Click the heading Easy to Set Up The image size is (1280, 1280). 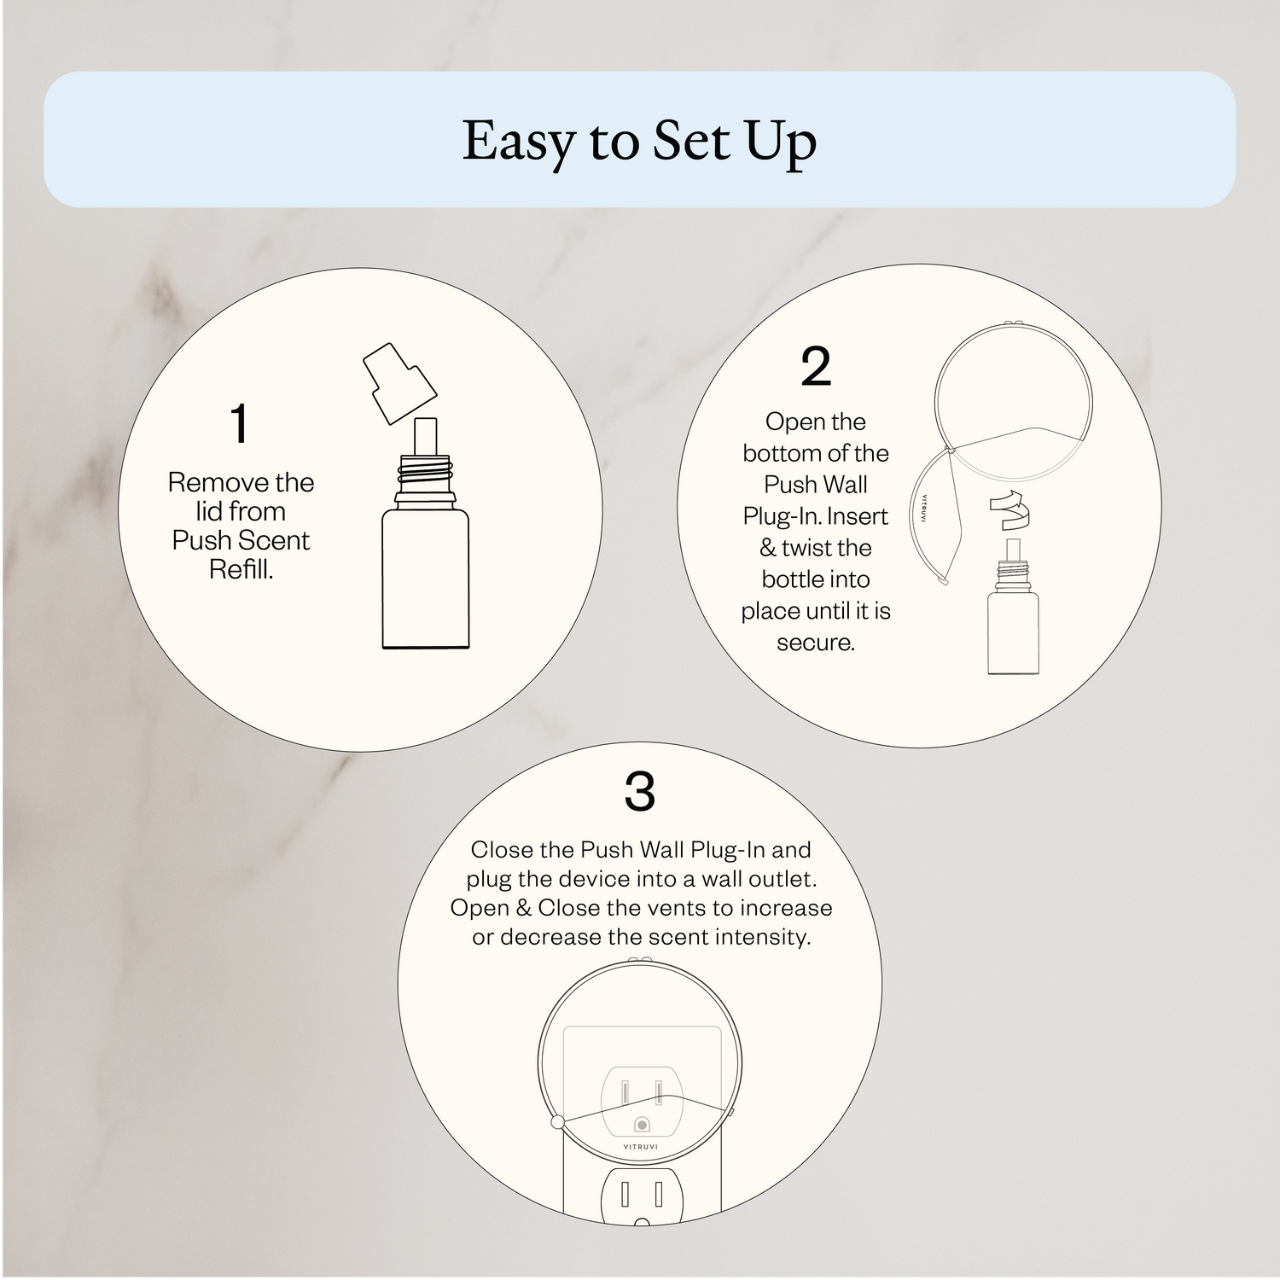coord(639,141)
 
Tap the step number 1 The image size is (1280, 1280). coord(240,423)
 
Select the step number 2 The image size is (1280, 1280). coord(816,367)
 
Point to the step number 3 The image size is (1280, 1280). coord(640,792)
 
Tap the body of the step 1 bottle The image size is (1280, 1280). coord(425,579)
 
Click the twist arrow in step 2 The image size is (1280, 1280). coord(1012,510)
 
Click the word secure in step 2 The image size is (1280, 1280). coord(815,643)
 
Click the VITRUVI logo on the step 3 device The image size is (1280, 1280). coord(642,1147)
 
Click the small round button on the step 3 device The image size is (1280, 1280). coord(642,1126)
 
